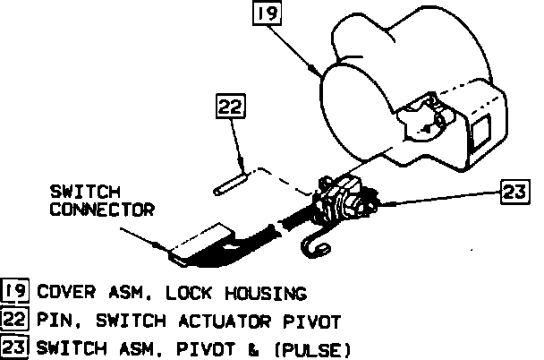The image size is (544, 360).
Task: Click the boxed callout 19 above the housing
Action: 266,14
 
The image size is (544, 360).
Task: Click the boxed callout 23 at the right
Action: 513,190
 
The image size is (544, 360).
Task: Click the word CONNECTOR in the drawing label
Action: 102,210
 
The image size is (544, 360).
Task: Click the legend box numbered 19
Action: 14,292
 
